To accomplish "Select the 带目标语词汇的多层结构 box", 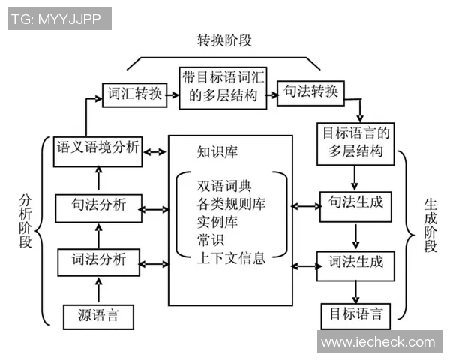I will tap(223, 87).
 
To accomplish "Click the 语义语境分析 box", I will tap(98, 148).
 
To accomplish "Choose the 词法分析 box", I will tap(98, 261).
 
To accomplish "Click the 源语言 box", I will tap(98, 314).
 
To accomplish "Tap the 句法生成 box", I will tap(356, 203).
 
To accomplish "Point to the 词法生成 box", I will tap(356, 262).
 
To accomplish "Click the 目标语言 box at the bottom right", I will tap(356, 313).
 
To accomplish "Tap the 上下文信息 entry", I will tap(231, 259).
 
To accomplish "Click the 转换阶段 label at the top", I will tap(224, 40).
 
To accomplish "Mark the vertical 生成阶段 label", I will tap(430, 225).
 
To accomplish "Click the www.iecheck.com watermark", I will tap(378, 342).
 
